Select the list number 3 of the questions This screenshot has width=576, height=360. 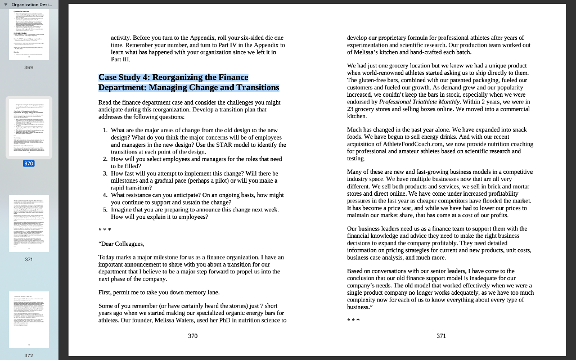click(105, 173)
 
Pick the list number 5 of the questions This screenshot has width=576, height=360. click(105, 209)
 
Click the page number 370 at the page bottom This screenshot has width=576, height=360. click(193, 336)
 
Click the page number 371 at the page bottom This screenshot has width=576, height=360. click(441, 336)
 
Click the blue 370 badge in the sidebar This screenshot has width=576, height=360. click(29, 163)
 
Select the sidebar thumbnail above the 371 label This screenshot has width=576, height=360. click(29, 225)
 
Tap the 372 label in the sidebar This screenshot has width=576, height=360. click(29, 355)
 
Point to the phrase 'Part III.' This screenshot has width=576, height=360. click(121, 59)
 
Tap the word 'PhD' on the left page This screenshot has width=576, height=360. click(214, 320)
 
